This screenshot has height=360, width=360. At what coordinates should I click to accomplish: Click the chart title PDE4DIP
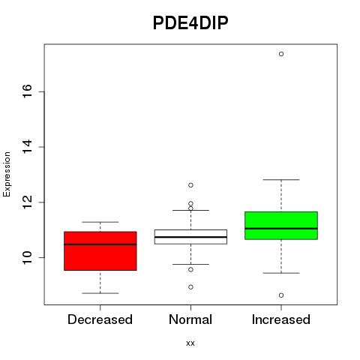190,23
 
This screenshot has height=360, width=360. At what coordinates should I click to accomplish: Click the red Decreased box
100,251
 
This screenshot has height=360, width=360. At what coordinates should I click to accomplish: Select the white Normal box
190,237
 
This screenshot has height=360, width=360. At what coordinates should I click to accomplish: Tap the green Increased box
281,226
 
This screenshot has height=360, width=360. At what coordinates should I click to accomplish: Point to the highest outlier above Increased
281,54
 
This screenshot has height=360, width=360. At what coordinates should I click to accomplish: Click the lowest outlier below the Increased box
281,295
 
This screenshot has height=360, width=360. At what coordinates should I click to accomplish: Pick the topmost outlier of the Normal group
190,185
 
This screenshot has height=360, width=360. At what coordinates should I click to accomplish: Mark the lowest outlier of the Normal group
190,287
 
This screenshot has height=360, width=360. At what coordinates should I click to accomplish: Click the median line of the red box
100,244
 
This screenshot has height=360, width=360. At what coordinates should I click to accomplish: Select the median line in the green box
281,229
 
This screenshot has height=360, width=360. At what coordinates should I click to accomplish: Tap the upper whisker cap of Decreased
100,222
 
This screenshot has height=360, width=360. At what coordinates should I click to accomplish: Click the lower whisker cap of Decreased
100,293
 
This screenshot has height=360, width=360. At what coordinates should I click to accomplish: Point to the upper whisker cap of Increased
281,179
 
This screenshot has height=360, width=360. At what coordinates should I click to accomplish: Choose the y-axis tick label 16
27,91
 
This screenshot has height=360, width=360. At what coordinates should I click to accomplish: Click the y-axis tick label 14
27,147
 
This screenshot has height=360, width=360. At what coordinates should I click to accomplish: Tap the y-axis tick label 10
27,257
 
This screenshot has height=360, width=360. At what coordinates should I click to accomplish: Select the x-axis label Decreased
100,319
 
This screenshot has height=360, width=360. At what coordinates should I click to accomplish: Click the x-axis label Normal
190,319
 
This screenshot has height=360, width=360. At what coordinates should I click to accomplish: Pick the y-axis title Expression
7,174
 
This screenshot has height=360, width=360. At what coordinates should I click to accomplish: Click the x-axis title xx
190,343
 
